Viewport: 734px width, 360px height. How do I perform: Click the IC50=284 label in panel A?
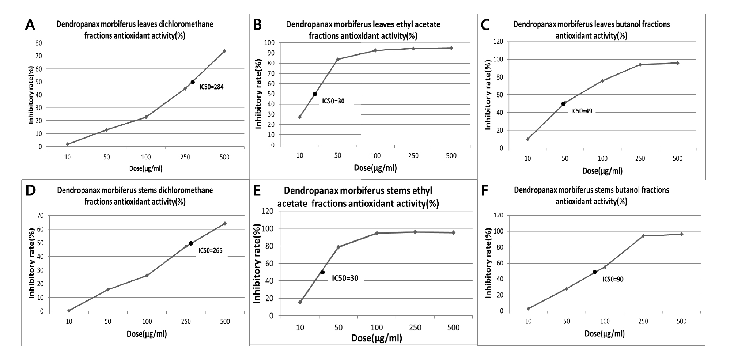(x=211, y=87)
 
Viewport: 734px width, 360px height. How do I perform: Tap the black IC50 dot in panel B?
(x=315, y=94)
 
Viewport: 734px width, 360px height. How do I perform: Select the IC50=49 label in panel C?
(x=582, y=111)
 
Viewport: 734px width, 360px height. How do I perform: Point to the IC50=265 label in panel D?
(x=210, y=251)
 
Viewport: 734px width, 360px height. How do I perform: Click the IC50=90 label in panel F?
(x=613, y=279)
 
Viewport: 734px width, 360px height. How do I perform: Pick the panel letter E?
(x=257, y=190)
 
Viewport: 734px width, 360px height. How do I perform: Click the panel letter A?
(x=30, y=25)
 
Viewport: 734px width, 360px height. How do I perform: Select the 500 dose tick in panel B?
(x=451, y=156)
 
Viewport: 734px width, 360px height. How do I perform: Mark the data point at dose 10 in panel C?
(x=527, y=139)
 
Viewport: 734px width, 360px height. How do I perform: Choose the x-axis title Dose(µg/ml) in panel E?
(x=377, y=338)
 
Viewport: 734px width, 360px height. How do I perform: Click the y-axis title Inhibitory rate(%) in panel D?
(x=31, y=263)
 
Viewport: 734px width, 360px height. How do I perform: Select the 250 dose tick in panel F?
(x=643, y=322)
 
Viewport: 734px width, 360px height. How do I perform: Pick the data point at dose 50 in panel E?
(x=338, y=247)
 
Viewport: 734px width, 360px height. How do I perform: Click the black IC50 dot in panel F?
(x=595, y=272)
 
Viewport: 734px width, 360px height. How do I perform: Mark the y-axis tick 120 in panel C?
(x=498, y=42)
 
